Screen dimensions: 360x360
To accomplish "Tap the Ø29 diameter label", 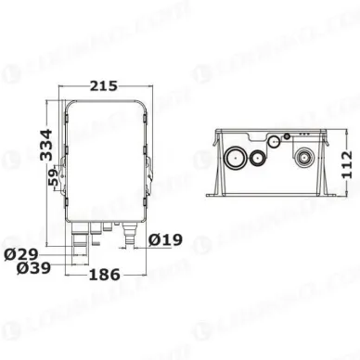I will click(21, 254).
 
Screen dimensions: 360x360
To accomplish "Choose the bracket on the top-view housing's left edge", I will click(62, 172).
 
